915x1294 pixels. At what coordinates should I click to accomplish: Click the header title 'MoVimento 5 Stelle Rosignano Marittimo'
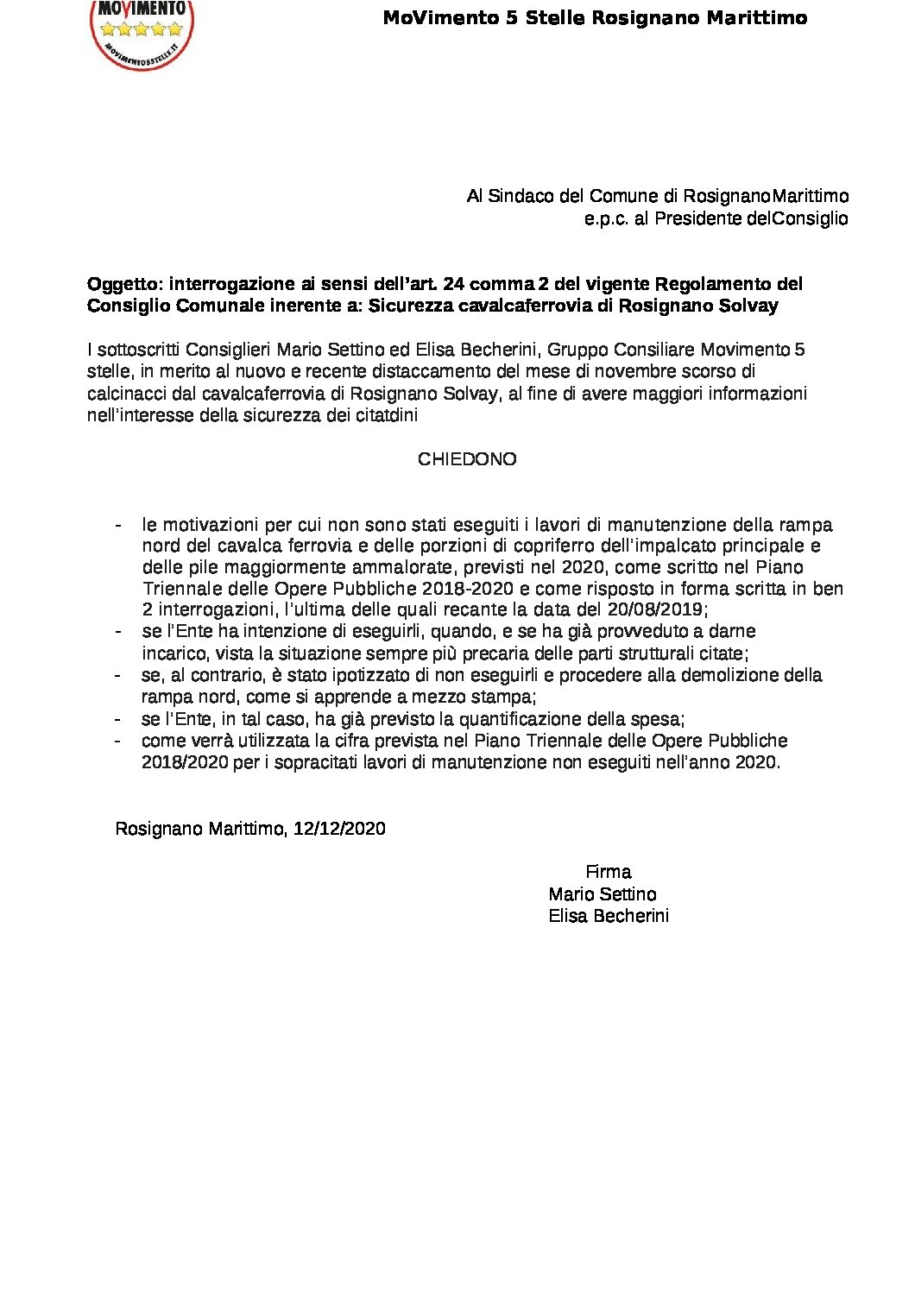pos(595,18)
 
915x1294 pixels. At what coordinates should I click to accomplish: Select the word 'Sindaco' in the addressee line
pos(521,196)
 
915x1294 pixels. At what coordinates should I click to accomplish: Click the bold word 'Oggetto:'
pos(125,284)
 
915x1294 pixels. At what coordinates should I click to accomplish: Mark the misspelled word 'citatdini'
pos(384,415)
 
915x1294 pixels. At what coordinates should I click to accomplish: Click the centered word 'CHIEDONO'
pos(467,459)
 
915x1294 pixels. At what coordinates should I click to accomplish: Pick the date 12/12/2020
pos(339,829)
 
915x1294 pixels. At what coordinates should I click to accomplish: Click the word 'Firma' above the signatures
pos(608,872)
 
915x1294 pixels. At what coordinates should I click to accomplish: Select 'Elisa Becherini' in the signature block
pos(609,916)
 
